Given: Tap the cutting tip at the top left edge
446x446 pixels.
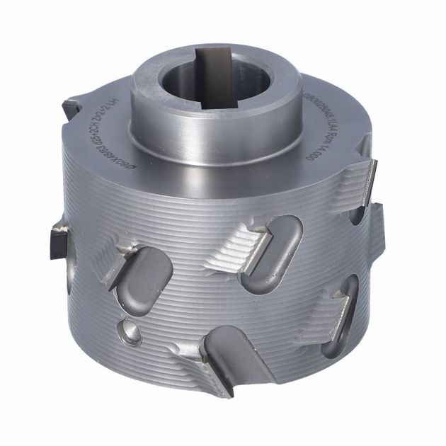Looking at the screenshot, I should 71,108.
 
